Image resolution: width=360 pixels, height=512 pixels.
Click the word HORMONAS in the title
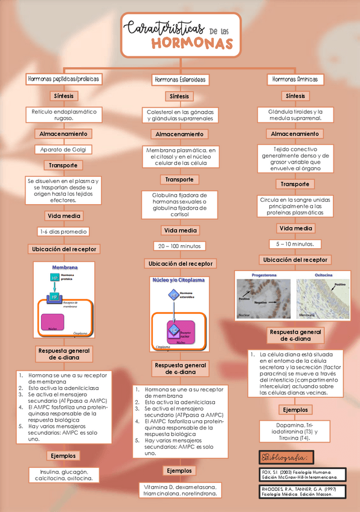click(191, 43)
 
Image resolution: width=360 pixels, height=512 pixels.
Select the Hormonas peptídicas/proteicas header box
click(63, 79)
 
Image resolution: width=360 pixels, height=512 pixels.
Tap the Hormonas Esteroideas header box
click(179, 80)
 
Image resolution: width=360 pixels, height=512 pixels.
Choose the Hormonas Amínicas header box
click(295, 80)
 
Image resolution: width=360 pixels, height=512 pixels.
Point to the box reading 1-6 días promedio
click(63, 231)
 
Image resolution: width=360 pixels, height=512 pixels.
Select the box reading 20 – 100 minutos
click(179, 246)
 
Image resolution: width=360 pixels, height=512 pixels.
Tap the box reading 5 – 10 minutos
click(295, 244)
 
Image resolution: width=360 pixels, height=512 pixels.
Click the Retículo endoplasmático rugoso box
click(63, 115)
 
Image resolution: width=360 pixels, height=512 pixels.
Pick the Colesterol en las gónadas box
click(179, 115)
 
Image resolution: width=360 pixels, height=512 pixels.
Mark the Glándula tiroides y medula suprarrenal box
click(295, 115)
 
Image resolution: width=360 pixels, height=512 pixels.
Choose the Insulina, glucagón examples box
click(63, 475)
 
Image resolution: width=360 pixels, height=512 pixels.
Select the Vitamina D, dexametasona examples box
click(179, 489)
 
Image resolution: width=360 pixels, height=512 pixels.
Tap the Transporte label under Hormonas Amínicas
click(295, 184)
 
